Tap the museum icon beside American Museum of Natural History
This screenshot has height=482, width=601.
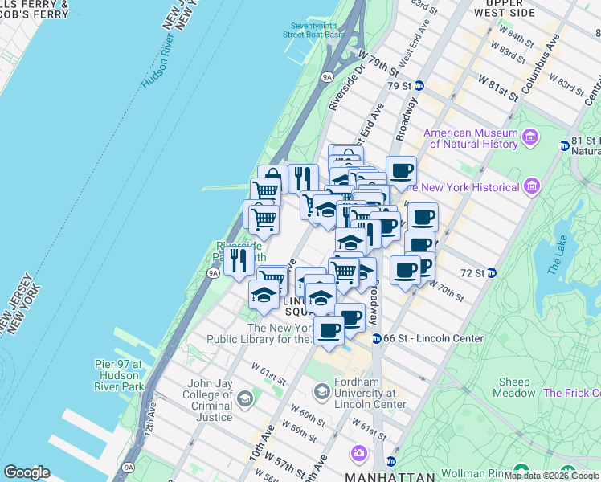530,138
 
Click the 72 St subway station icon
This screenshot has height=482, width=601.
492,273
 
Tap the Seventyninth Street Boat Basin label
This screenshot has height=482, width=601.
313,29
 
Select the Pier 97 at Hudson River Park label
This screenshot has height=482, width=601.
119,375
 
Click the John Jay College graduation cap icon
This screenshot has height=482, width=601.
244,398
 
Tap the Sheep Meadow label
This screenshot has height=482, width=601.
516,387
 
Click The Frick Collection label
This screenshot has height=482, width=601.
571,393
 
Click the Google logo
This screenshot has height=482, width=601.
27,472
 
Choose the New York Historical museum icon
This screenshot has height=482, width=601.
530,187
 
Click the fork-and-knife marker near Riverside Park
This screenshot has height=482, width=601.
239,259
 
